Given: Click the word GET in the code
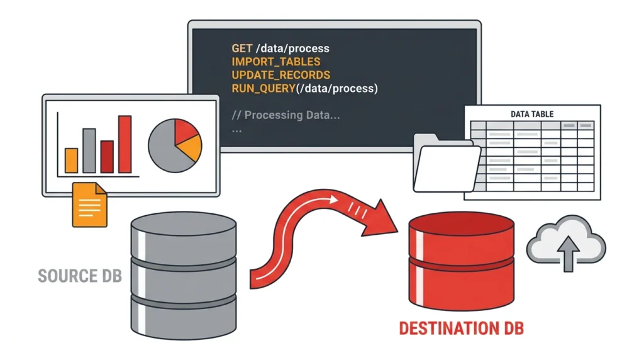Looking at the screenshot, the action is [x=241, y=48].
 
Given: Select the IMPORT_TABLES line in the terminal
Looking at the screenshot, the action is [x=276, y=62].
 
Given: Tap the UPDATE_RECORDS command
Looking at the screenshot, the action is [x=281, y=75].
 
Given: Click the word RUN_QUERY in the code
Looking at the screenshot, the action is [x=264, y=88].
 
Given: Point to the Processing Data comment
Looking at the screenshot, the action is [x=286, y=115].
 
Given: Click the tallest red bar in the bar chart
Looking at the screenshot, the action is [x=125, y=144].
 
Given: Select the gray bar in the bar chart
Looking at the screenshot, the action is [x=89, y=150].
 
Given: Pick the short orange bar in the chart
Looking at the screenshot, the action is [x=72, y=160].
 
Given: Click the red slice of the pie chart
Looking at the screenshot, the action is [x=184, y=131].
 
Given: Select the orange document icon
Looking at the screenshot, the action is [x=89, y=205].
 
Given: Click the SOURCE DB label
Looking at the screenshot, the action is [x=80, y=276].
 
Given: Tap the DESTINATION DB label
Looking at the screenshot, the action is [x=462, y=329].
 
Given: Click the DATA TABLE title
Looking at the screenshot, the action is [x=532, y=115].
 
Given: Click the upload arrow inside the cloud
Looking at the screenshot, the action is [x=569, y=254].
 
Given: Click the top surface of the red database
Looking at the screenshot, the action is [x=462, y=224].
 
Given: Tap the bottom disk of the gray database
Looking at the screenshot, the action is [x=184, y=318].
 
